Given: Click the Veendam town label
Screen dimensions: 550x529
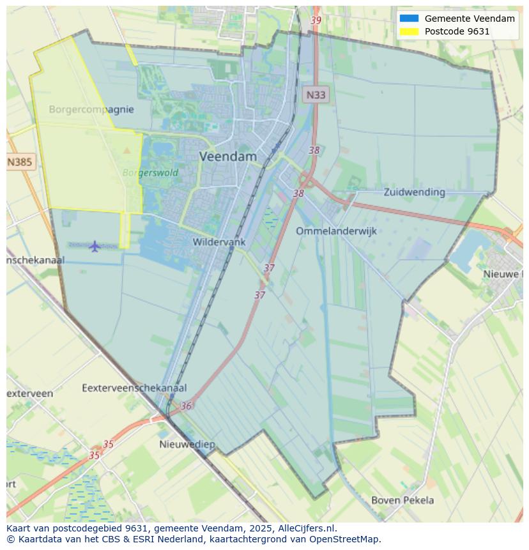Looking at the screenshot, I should click(228, 157).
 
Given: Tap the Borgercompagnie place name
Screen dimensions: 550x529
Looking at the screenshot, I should click(91, 109).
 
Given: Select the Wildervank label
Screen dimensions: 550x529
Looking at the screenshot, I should click(219, 242).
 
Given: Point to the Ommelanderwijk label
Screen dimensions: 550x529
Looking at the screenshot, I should click(336, 231).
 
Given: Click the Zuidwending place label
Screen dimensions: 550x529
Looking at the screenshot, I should click(414, 192).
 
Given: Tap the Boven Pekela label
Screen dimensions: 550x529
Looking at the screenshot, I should click(402, 500).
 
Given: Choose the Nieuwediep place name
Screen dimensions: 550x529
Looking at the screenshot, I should click(187, 444).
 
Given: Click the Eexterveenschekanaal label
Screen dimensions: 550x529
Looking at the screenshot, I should click(134, 388).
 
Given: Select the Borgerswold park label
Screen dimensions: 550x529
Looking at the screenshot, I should click(150, 172).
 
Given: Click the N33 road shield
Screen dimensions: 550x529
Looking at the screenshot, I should click(315, 95).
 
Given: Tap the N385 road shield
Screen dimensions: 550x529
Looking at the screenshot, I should click(19, 162).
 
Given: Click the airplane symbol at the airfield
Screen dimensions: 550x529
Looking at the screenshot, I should click(95, 246).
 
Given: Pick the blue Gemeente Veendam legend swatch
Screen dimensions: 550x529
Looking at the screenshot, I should click(409, 19).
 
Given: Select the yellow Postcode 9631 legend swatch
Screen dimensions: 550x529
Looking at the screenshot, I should click(409, 31).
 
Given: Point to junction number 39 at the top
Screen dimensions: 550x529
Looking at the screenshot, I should click(316, 20).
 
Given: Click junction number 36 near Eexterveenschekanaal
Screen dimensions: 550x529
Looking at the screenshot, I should click(186, 406).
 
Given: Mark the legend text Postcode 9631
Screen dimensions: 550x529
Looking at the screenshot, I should click(457, 31).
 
